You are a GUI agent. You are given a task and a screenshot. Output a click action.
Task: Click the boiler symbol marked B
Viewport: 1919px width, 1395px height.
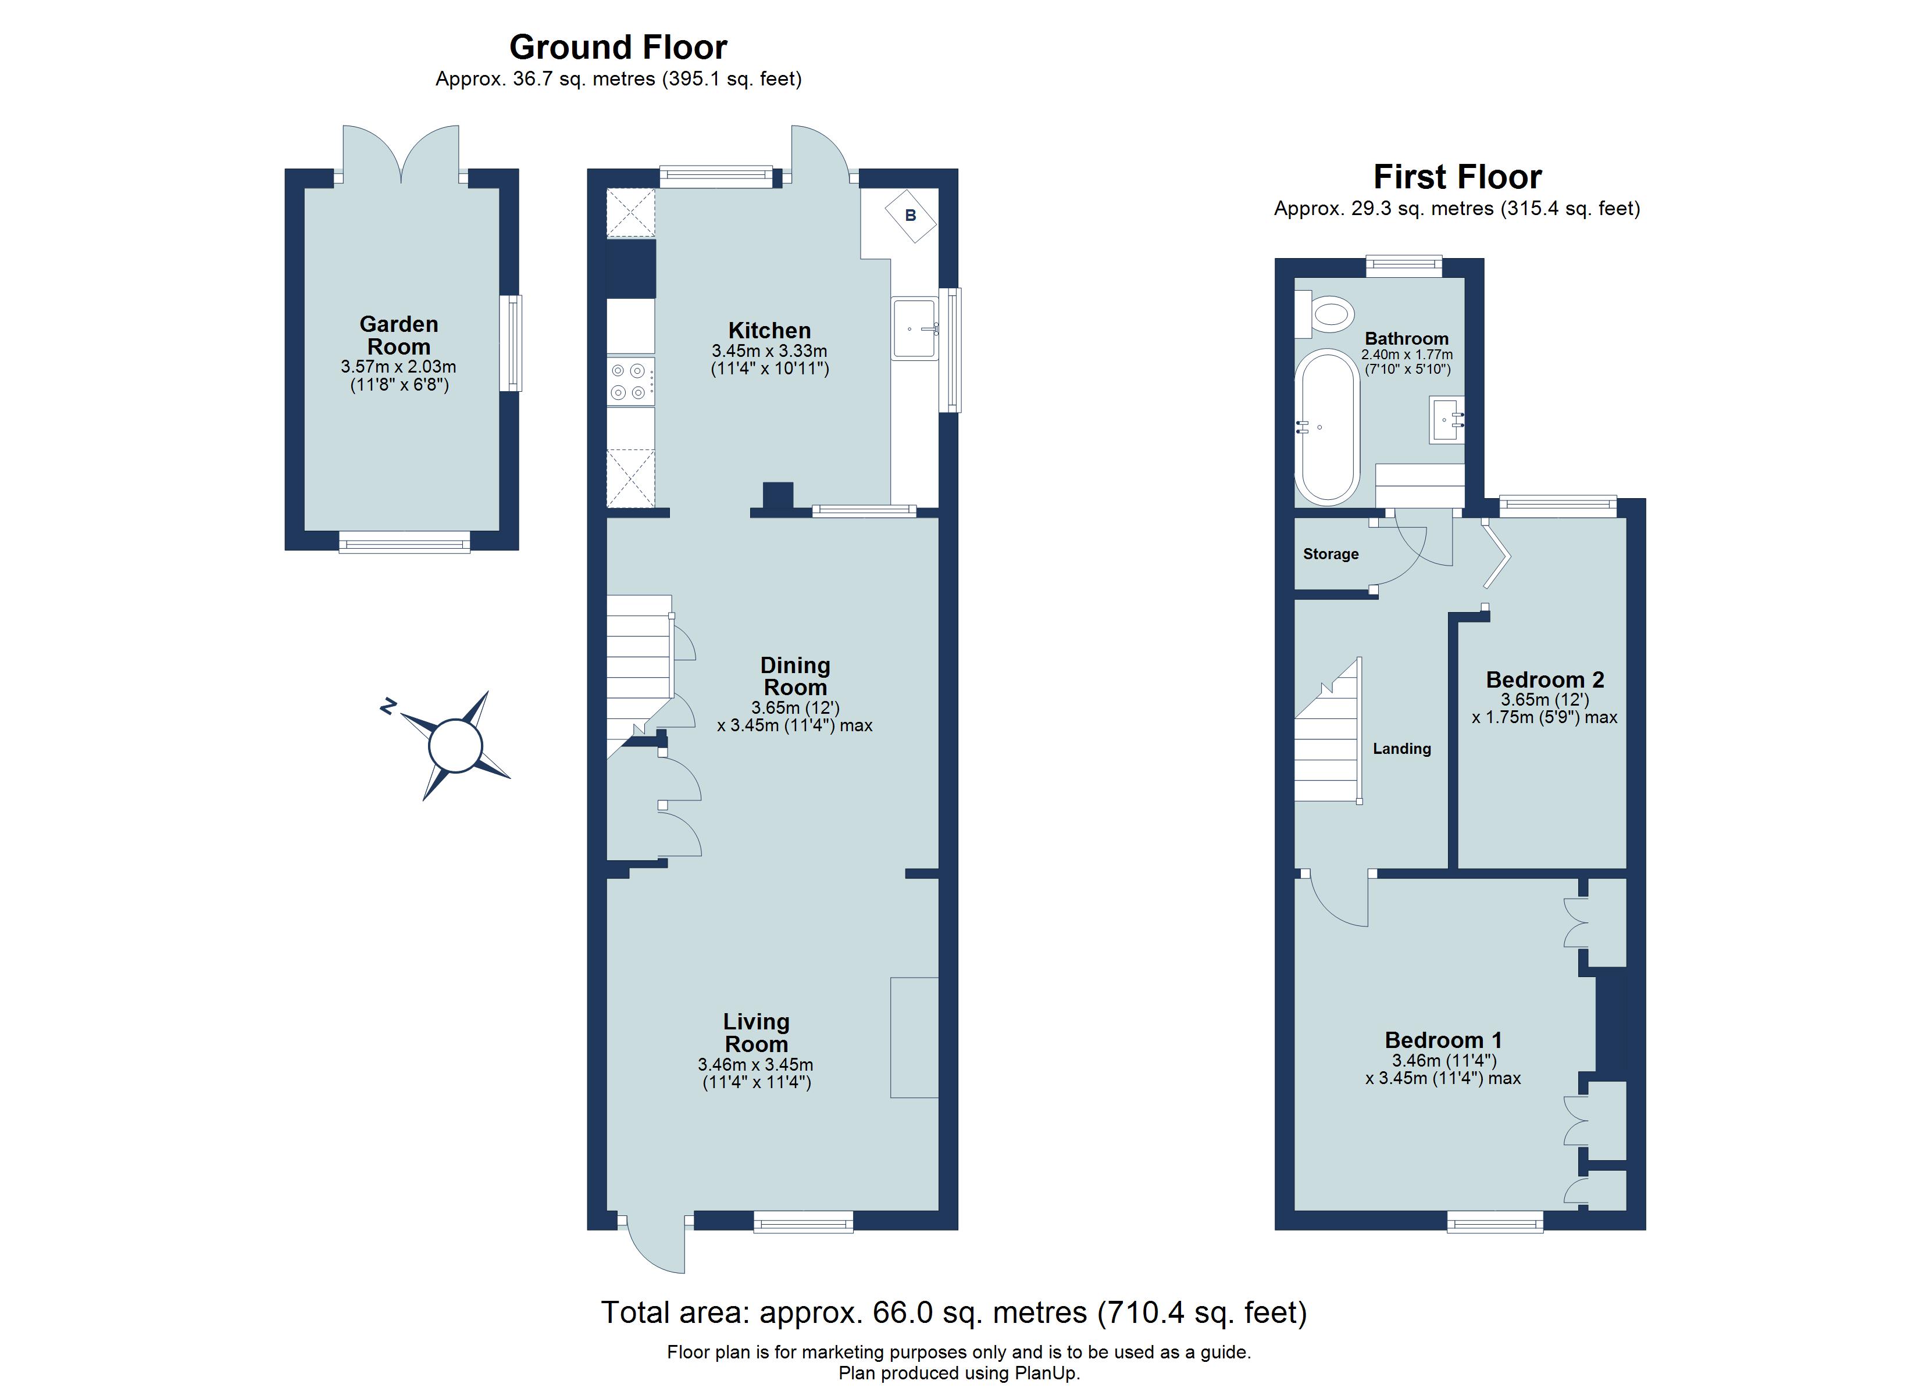point(911,215)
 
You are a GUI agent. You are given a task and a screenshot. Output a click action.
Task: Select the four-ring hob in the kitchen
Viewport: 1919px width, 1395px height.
point(630,381)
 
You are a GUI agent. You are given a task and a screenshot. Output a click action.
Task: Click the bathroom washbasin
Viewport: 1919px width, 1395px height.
point(1446,420)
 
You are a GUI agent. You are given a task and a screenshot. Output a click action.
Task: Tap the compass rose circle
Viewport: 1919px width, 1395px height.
point(455,745)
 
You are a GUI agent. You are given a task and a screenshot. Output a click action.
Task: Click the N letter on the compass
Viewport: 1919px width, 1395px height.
point(388,706)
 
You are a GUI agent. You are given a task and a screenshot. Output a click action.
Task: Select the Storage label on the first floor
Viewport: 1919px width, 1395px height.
point(1330,554)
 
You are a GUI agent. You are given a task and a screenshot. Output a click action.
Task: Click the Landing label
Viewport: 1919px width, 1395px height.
point(1401,749)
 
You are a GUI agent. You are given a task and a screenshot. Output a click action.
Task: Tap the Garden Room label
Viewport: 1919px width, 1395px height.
point(398,335)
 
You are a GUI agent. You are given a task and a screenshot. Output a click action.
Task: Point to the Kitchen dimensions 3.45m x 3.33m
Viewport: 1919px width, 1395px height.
point(769,351)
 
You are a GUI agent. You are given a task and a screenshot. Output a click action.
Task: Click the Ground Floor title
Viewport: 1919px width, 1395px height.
point(618,48)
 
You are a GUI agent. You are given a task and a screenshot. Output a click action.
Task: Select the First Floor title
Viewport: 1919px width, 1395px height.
point(1457,177)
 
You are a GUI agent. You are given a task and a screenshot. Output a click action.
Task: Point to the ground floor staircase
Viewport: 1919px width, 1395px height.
point(639,668)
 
